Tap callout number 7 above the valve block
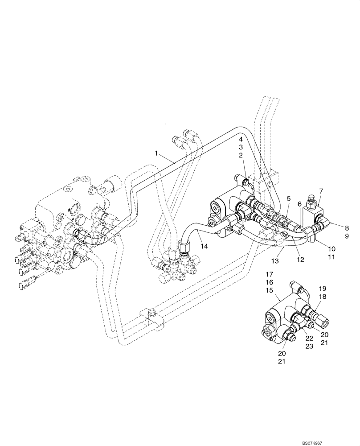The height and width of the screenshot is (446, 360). (x=321, y=191)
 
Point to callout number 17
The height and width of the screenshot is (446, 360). (x=269, y=274)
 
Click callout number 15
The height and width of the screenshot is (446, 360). (x=269, y=290)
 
